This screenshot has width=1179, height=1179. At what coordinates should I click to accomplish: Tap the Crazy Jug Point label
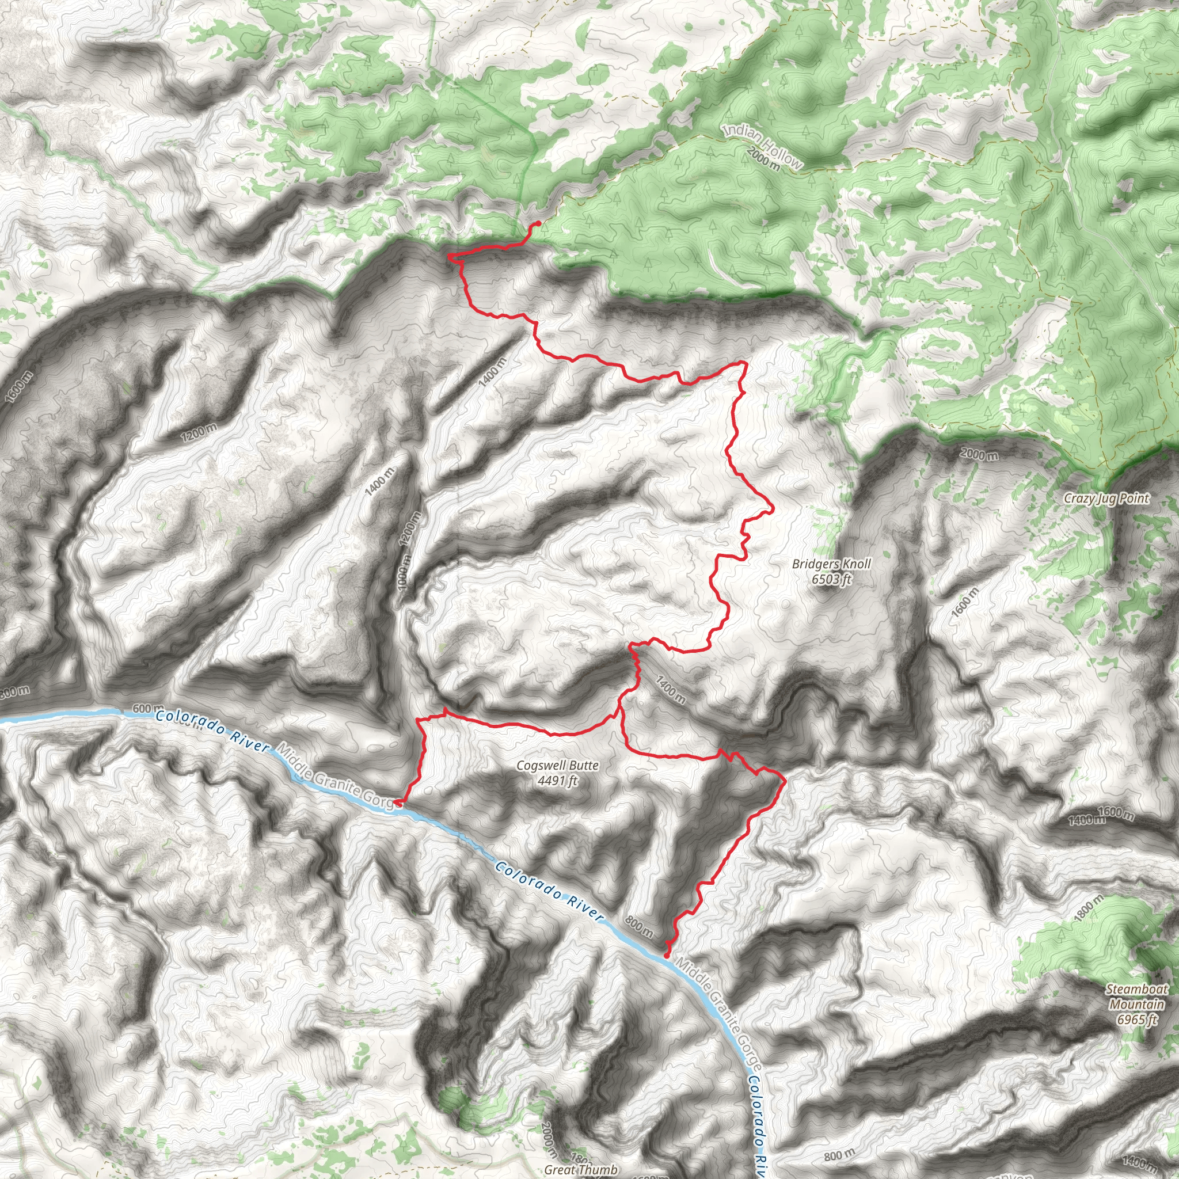(x=1106, y=499)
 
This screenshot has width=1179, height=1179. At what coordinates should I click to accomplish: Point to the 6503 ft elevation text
(x=831, y=579)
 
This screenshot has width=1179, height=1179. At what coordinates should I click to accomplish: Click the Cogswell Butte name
(x=557, y=765)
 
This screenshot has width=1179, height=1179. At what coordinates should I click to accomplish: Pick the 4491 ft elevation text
(x=557, y=781)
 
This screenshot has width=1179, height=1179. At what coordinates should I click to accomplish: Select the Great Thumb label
(x=580, y=1169)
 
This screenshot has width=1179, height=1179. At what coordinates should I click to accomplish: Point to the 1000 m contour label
(x=404, y=571)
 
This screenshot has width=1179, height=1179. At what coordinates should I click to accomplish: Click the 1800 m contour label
(x=1089, y=907)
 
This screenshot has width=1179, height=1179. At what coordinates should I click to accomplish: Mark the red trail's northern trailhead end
(x=538, y=223)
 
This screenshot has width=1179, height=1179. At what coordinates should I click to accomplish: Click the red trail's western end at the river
(x=397, y=803)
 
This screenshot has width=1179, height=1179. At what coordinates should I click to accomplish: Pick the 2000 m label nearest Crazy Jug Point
(x=979, y=454)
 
